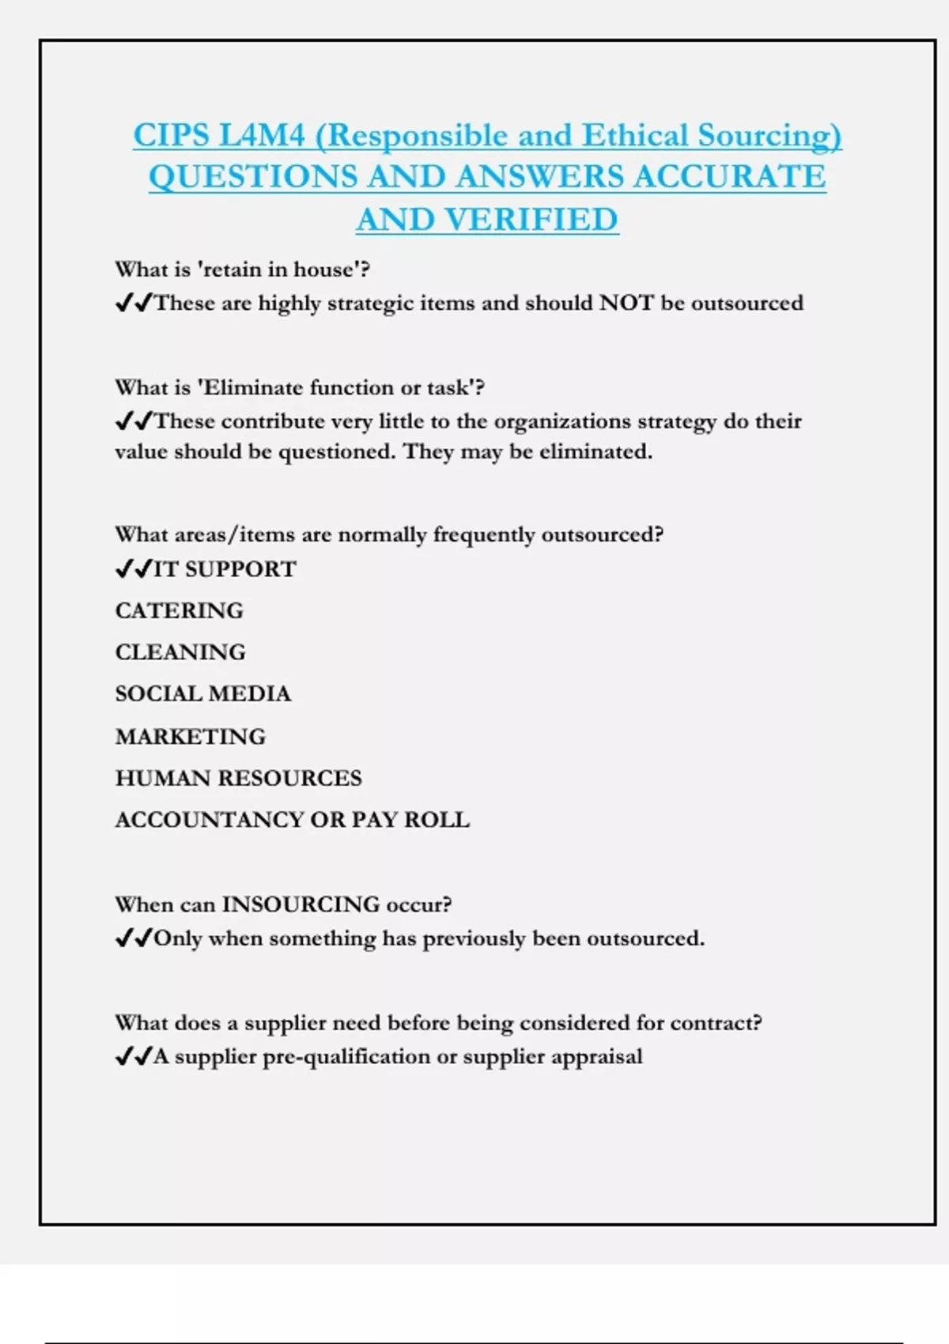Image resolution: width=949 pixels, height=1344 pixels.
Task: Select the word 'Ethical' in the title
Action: click(635, 136)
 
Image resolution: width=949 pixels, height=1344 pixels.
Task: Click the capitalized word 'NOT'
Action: click(626, 303)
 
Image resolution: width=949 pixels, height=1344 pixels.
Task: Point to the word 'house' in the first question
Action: click(323, 270)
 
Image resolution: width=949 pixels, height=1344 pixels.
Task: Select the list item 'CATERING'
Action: click(180, 611)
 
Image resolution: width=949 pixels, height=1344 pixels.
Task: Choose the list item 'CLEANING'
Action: click(180, 652)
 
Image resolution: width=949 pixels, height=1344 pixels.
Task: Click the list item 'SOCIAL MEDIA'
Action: click(203, 694)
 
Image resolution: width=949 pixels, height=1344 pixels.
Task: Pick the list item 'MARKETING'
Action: click(191, 737)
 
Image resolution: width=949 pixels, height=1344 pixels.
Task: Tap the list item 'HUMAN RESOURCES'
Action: click(238, 779)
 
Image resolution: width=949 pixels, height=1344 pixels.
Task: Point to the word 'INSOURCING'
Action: click(301, 904)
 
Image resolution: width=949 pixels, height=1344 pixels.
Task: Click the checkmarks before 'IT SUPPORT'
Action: click(133, 569)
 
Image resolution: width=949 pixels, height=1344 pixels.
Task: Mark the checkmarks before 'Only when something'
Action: click(133, 938)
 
